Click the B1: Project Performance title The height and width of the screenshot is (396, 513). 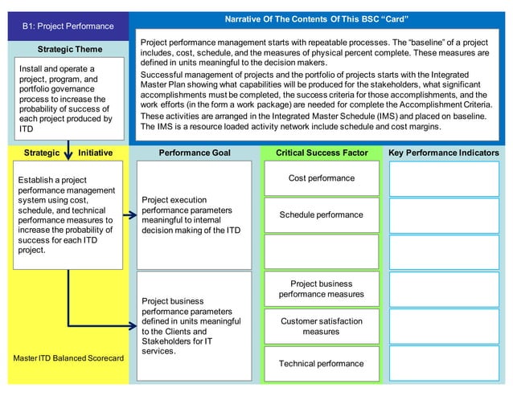[x=68, y=27]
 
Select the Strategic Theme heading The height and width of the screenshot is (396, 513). [x=70, y=50]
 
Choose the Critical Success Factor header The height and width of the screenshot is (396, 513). [x=321, y=153]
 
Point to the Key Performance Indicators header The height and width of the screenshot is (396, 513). [x=443, y=153]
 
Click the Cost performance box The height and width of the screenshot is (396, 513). [x=321, y=178]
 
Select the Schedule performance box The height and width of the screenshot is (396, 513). [x=321, y=215]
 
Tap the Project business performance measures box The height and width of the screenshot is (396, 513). [x=321, y=289]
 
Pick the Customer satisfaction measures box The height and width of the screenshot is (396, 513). [x=321, y=326]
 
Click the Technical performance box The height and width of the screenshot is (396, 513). [x=321, y=364]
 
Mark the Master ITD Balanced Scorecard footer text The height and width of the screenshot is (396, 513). [x=68, y=357]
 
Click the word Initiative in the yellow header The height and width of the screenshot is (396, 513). [x=95, y=153]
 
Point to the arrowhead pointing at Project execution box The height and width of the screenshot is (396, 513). [x=131, y=215]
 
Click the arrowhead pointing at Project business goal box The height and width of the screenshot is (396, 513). [x=131, y=326]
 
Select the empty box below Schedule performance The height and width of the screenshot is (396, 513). [x=321, y=251]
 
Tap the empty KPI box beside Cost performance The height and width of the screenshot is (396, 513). [x=443, y=178]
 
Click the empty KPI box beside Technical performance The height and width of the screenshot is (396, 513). [x=443, y=364]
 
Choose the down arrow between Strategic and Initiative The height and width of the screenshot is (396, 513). [x=68, y=153]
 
